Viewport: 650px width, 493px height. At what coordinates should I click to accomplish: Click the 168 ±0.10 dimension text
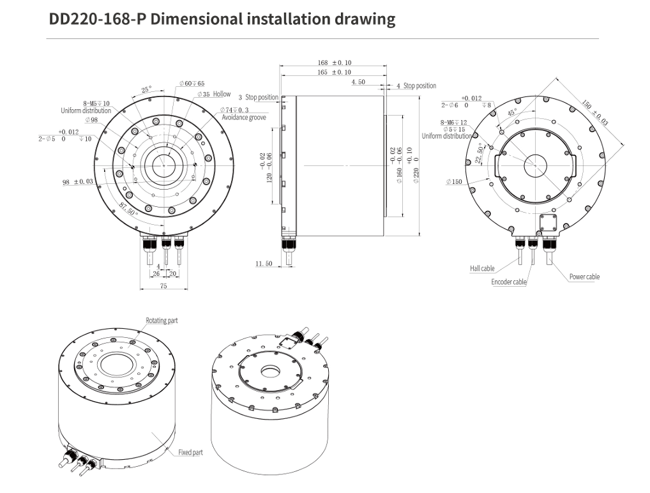point(335,63)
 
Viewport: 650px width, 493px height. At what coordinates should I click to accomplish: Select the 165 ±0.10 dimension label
point(335,72)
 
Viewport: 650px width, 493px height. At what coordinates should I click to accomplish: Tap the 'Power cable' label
point(584,277)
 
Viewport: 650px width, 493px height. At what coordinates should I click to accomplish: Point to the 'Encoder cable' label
point(509,282)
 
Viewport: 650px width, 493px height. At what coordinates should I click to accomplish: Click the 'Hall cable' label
point(482,268)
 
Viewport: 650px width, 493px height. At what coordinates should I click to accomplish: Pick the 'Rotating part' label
point(162,321)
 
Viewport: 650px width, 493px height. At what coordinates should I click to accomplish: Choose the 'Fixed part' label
point(190,452)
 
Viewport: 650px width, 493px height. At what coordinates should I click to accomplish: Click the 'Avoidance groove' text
point(244,118)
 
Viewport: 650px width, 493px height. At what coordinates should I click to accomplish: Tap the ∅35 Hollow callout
point(214,94)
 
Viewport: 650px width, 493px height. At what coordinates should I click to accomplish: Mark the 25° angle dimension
point(146,89)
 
